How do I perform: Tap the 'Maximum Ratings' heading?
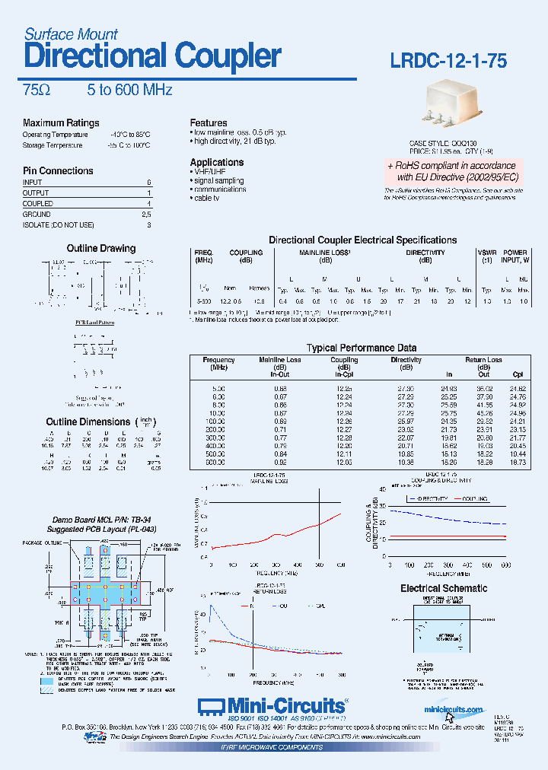(x=61, y=123)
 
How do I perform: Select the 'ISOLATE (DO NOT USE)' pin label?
(x=59, y=225)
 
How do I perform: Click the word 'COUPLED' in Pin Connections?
(x=38, y=204)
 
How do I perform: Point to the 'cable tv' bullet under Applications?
(x=209, y=198)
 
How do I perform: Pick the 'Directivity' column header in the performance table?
(x=406, y=360)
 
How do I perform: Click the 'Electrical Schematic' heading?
(x=444, y=588)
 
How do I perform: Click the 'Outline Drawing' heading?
(x=100, y=249)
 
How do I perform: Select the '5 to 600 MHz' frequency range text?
(x=129, y=91)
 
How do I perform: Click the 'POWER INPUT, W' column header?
(x=515, y=256)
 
